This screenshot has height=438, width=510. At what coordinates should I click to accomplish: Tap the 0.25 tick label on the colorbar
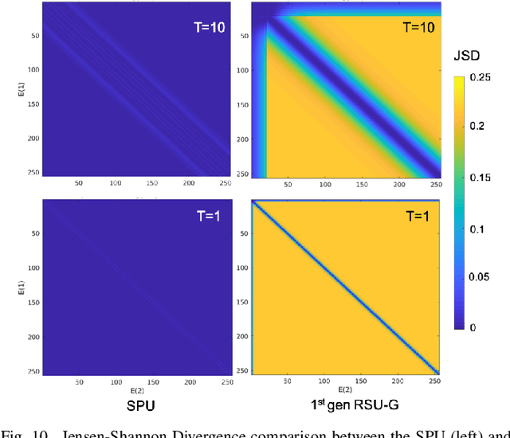pos(481,79)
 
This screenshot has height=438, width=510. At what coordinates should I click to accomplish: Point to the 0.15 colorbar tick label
pos(481,178)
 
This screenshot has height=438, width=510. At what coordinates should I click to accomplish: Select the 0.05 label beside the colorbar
pos(481,278)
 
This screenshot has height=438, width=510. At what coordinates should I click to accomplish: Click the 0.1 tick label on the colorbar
pos(478,229)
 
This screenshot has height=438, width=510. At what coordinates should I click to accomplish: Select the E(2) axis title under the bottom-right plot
pos(342,389)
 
